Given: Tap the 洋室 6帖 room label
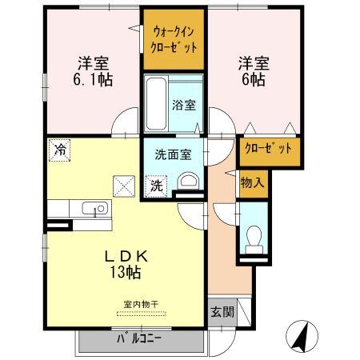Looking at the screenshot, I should coord(250,70).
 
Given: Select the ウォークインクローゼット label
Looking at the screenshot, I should coord(174,38).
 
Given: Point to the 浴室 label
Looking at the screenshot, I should coord(183,105).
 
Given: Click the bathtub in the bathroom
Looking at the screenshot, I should coord(157,104).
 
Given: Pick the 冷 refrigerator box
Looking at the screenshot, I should coord(59,149).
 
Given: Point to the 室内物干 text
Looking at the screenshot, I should coord(141,305).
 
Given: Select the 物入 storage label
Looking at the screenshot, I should coord(251,182).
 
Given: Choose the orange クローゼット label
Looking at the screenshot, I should coord(267,150).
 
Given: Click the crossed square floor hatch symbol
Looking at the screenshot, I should coord(124,186).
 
